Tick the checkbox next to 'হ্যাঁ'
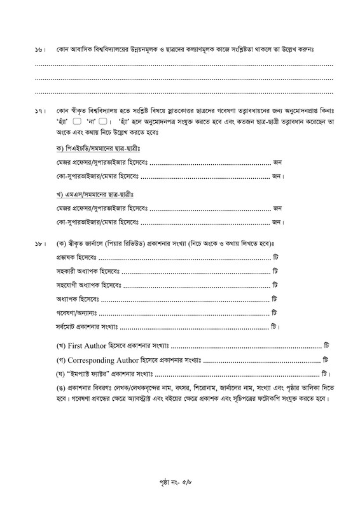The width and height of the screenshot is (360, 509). [76, 122]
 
